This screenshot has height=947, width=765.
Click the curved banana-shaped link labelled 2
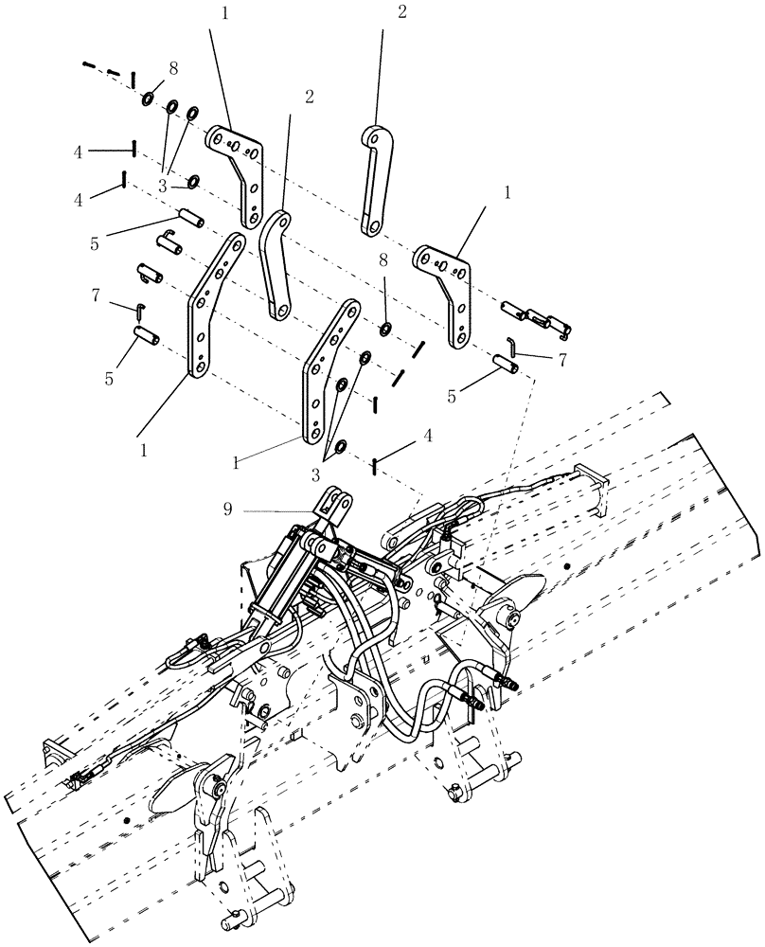pyautogui.click(x=276, y=264)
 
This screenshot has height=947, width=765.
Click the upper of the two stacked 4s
pyautogui.click(x=80, y=151)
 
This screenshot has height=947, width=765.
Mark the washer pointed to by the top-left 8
pyautogui.click(x=150, y=98)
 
